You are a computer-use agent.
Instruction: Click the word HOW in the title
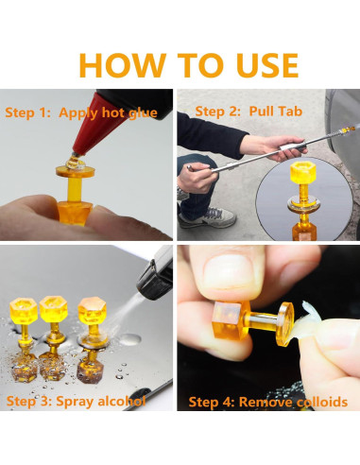[123, 65]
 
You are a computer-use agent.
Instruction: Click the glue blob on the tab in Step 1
[76, 163]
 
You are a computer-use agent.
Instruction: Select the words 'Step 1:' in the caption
[28, 112]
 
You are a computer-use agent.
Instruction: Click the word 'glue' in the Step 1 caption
[143, 113]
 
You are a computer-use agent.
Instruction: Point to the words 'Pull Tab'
[276, 112]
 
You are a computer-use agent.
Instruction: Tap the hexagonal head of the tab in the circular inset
[302, 172]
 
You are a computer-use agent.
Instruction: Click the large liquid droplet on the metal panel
[130, 340]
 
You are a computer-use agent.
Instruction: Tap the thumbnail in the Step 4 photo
[228, 271]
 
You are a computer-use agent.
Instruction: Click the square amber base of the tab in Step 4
[230, 320]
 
